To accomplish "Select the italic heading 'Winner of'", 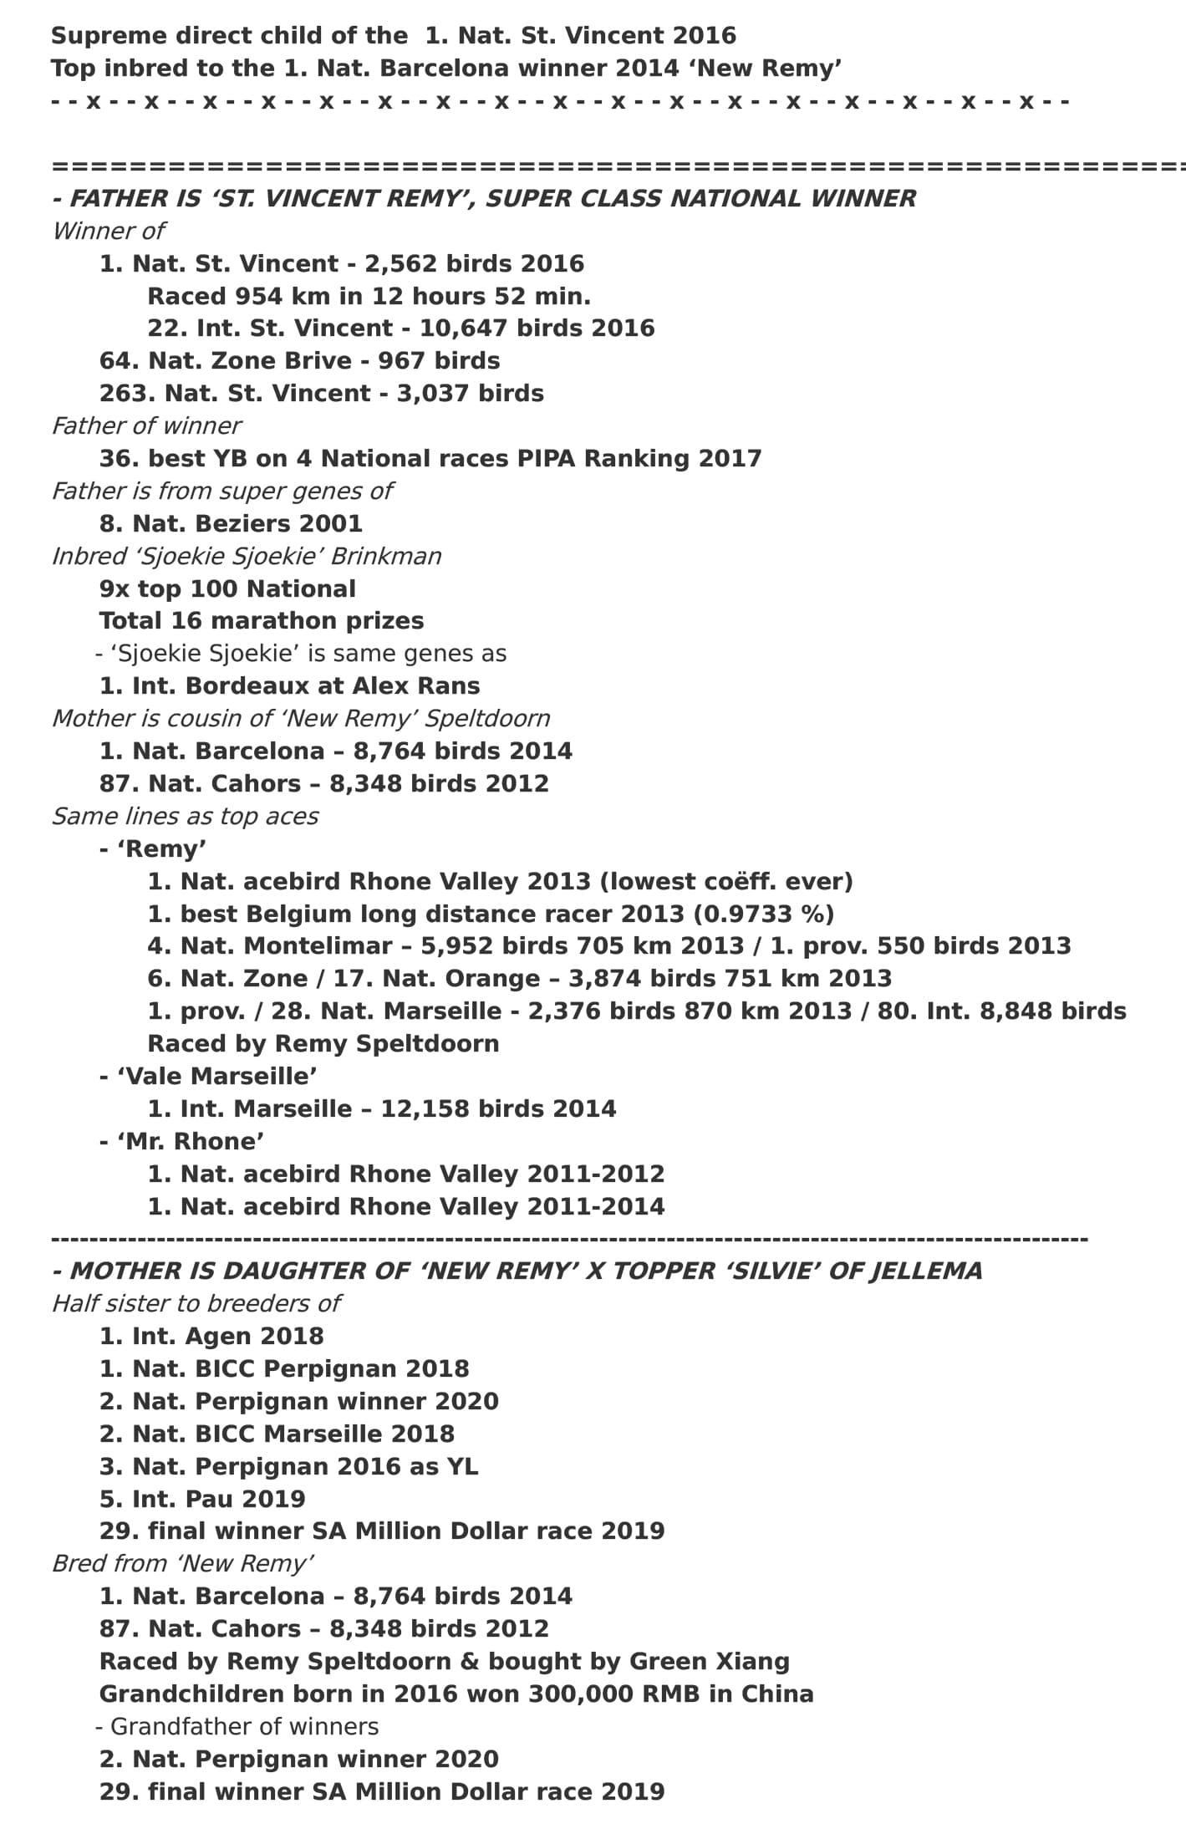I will click(x=108, y=231).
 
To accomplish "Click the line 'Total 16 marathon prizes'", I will click(x=262, y=621).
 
